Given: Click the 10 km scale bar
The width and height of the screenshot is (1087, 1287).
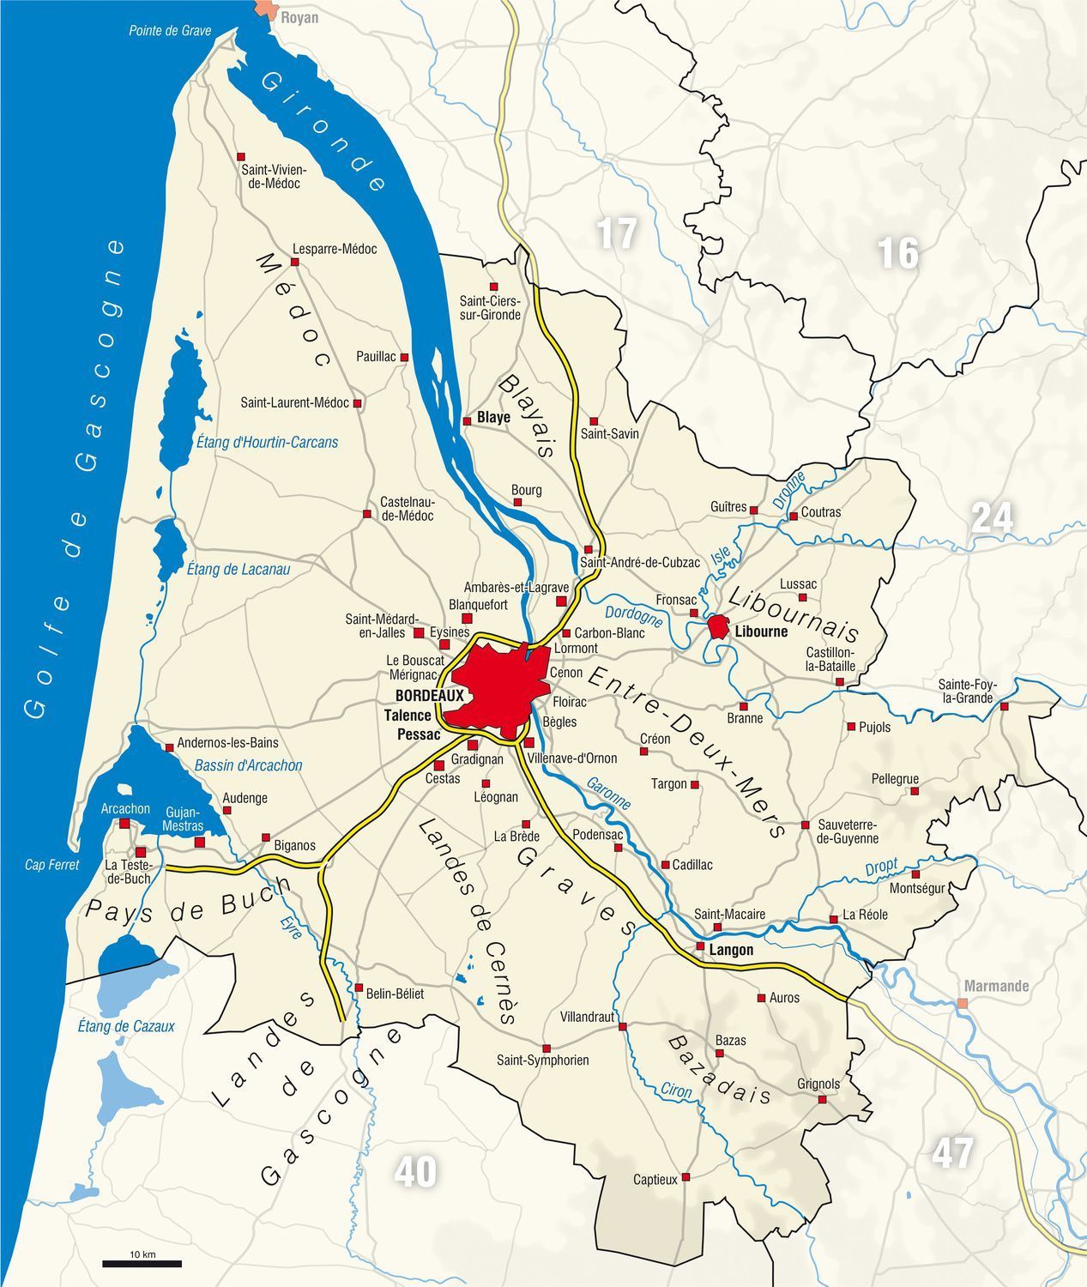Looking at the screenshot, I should pyautogui.click(x=142, y=1263).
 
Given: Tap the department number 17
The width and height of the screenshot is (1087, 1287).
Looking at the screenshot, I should pyautogui.click(x=617, y=233).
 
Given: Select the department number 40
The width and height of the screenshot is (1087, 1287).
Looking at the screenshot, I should pyautogui.click(x=415, y=1172).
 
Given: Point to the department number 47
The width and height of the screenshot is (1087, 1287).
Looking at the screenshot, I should pyautogui.click(x=952, y=1153).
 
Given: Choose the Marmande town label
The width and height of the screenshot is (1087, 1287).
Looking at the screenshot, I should pyautogui.click(x=996, y=986).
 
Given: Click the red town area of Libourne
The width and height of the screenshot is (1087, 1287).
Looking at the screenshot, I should pyautogui.click(x=718, y=627).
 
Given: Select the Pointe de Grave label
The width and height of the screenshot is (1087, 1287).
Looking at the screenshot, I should pyautogui.click(x=170, y=31).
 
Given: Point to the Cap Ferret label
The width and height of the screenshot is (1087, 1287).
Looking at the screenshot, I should pyautogui.click(x=51, y=865).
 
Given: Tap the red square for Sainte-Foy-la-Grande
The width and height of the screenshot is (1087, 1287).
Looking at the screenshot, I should pyautogui.click(x=1004, y=706).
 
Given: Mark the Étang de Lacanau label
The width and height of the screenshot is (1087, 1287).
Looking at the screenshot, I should pyautogui.click(x=239, y=569).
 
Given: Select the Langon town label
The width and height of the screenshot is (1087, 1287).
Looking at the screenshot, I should pyautogui.click(x=731, y=950).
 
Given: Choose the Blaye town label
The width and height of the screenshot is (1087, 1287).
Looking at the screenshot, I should pyautogui.click(x=493, y=418).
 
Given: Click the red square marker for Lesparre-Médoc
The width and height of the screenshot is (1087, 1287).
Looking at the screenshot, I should pyautogui.click(x=288, y=264).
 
